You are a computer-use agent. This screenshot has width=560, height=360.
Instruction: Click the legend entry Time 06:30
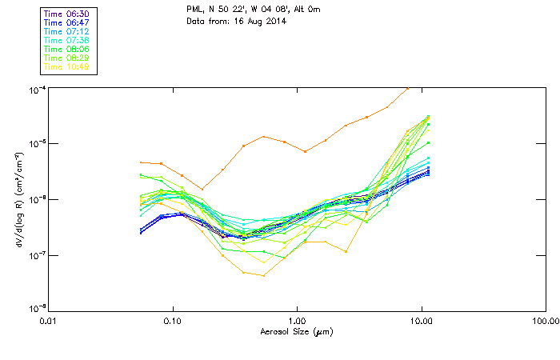coord(66,14)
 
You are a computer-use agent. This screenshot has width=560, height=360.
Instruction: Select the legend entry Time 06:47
coord(66,22)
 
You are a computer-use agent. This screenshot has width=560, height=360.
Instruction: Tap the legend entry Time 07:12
coord(66,31)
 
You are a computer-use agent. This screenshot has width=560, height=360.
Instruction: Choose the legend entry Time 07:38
coord(66,40)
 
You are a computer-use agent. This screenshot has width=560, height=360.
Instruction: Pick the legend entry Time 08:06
coord(66,49)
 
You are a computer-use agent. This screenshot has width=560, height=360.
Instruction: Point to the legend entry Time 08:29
coord(66,58)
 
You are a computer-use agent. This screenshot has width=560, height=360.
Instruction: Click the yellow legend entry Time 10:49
coord(66,66)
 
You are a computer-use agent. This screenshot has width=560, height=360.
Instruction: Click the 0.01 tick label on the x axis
coord(49,322)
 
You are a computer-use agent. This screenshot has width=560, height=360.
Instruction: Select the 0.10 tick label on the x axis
coord(173,322)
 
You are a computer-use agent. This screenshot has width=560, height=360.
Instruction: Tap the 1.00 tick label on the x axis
coord(297,322)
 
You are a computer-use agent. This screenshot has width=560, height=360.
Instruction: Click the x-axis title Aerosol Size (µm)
coord(296,331)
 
